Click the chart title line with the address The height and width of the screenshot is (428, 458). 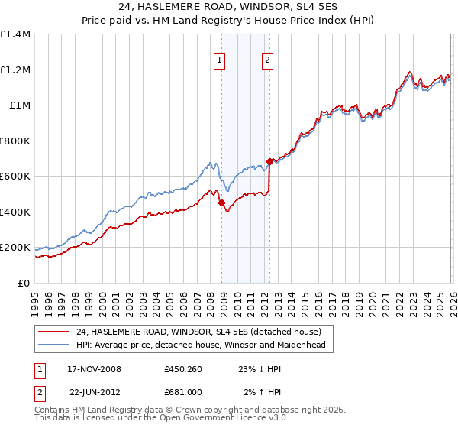point(228,7)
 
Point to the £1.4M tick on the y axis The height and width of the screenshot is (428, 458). point(15,34)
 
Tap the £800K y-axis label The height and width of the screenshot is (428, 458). point(15,141)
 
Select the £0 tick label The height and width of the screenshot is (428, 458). point(24,283)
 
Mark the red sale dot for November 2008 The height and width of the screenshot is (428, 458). point(222,203)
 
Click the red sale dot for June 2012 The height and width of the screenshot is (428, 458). point(270,162)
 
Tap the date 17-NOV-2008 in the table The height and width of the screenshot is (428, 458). point(95,369)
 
